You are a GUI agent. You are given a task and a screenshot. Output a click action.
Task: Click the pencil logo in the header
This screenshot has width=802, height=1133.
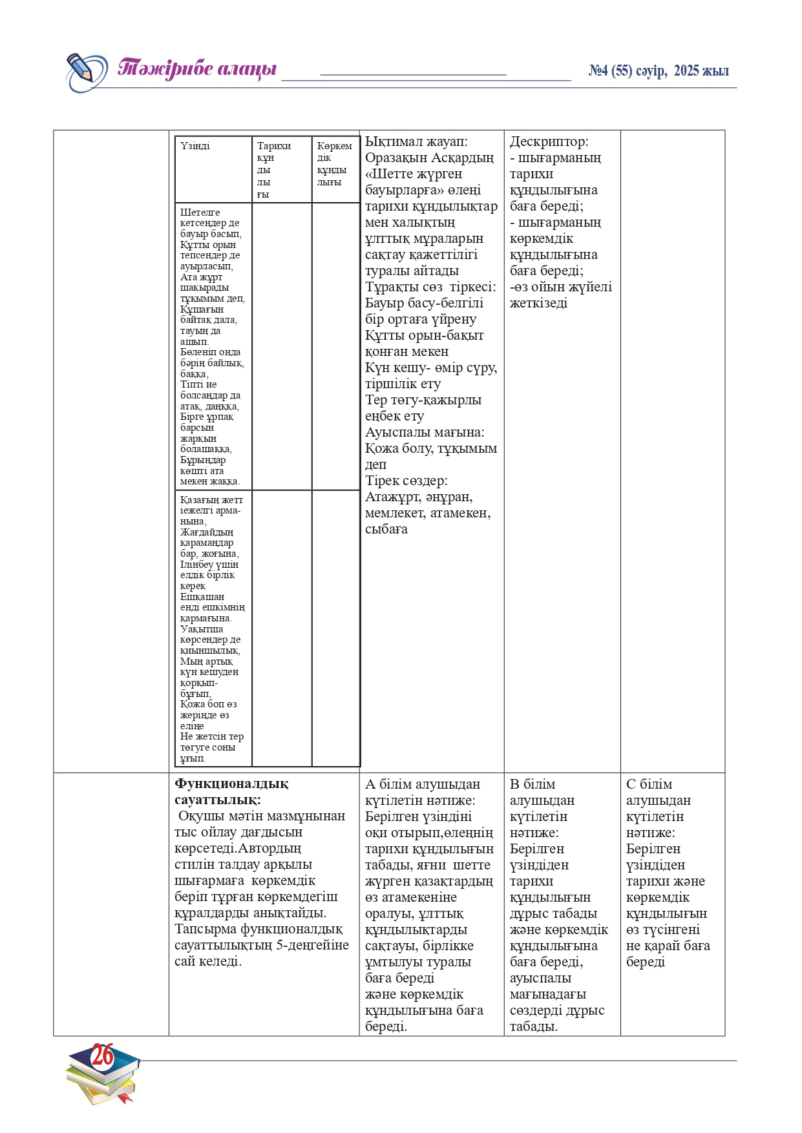click(x=86, y=71)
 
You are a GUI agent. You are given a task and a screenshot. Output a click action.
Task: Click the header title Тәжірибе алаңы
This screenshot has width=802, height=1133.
click(x=197, y=68)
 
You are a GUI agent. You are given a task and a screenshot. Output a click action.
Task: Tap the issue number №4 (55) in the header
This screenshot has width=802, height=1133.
click(x=610, y=71)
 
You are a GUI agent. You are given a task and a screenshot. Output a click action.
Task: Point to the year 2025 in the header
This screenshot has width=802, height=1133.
click(x=687, y=71)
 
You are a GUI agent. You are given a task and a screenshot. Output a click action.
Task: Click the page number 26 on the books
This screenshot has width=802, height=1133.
click(x=102, y=1055)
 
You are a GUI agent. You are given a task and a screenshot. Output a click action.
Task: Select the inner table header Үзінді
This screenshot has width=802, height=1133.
click(x=195, y=146)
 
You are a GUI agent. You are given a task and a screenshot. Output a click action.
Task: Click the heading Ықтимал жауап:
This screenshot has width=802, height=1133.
click(x=416, y=141)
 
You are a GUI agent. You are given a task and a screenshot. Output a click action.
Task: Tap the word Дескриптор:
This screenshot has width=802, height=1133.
click(x=549, y=141)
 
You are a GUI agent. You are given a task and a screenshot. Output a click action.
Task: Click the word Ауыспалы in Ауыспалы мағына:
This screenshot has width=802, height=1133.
click(x=396, y=432)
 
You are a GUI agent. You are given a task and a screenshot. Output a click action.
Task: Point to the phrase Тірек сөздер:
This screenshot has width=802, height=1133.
click(x=406, y=481)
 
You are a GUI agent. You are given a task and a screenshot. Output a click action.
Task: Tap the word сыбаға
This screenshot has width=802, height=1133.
click(x=386, y=529)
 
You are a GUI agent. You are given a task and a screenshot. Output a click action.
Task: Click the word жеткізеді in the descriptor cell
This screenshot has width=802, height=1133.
click(x=538, y=303)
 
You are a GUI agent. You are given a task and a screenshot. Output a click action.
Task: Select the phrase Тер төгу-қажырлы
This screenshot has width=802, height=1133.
click(x=423, y=400)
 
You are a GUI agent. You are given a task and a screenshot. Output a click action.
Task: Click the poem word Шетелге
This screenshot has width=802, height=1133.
click(x=200, y=213)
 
